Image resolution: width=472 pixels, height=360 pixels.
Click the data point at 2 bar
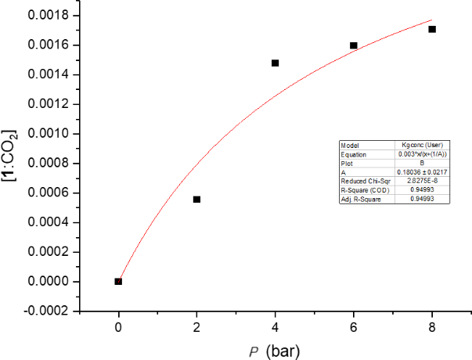coord(196,200)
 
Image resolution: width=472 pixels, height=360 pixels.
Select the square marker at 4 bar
coord(275,63)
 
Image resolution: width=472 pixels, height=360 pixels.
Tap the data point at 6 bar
coord(354,45)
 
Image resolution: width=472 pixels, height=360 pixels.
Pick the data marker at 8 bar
coord(432,29)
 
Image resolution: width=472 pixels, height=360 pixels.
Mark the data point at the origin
coord(118,281)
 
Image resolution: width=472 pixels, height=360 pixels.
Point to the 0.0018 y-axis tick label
coord(48,16)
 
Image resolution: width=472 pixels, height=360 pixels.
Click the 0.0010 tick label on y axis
coord(48,134)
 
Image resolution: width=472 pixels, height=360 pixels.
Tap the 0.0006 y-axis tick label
coord(48,193)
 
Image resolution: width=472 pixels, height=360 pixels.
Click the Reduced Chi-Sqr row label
coord(362,180)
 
